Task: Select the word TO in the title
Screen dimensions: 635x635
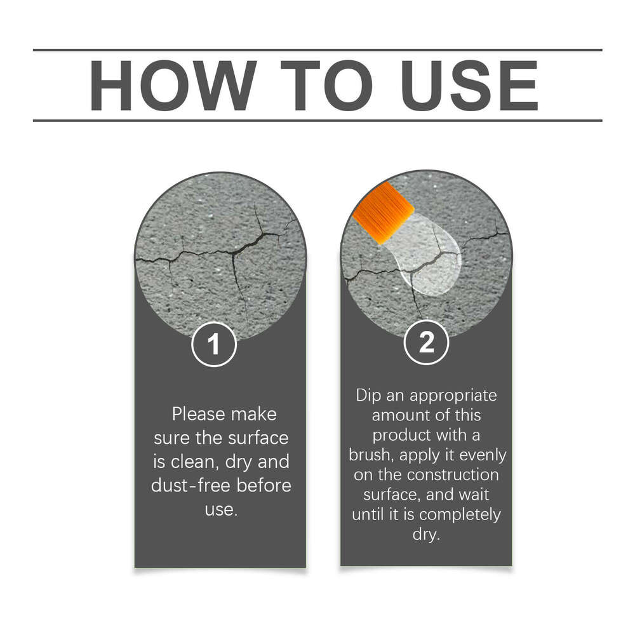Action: pyautogui.click(x=326, y=86)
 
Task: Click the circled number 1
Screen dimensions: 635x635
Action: pyautogui.click(x=214, y=344)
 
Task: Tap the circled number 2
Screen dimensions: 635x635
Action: pyautogui.click(x=427, y=342)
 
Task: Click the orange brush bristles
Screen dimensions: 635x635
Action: pyautogui.click(x=383, y=213)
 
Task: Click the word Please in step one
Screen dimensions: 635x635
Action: pyautogui.click(x=198, y=415)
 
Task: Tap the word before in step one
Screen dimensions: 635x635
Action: pyautogui.click(x=264, y=486)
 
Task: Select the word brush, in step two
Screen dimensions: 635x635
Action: pyautogui.click(x=371, y=455)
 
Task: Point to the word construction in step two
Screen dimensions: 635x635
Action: pyautogui.click(x=453, y=474)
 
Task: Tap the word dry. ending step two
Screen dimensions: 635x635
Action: pyautogui.click(x=426, y=535)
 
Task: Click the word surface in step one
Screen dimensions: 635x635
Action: pyautogui.click(x=258, y=438)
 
